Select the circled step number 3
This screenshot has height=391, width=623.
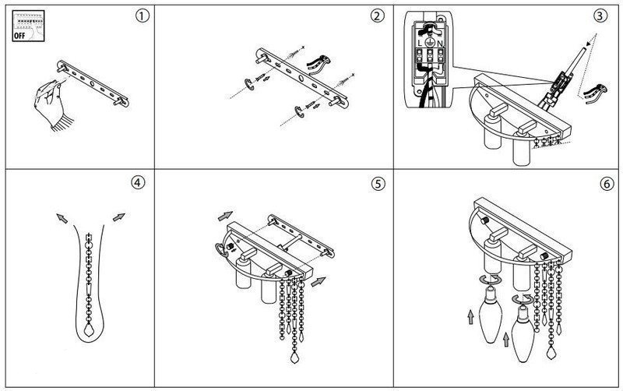(599, 14)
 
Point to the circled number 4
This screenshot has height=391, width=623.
(137, 184)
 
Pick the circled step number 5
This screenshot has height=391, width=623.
(378, 185)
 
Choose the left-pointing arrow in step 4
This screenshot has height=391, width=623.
(60, 219)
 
